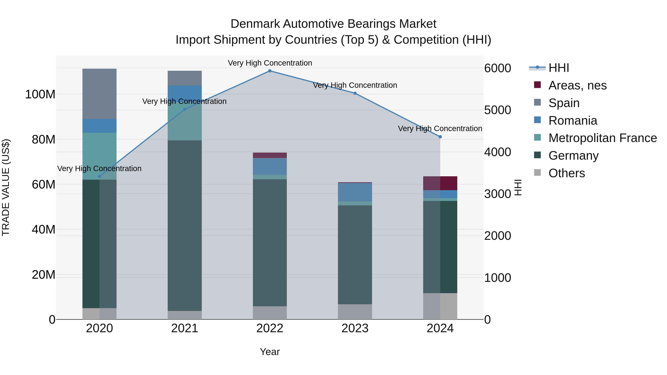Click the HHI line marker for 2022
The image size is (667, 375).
point(270,71)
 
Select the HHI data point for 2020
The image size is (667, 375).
point(99,176)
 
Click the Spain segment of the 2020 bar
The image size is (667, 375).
point(99,94)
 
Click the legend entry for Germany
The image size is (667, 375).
point(573,156)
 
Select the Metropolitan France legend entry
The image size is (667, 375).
point(602,138)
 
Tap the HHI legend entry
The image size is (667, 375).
point(558,68)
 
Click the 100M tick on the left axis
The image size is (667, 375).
point(40,94)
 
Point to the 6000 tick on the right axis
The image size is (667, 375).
point(497,68)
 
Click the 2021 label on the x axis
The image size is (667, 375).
point(185,328)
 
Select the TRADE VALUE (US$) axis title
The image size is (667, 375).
point(6,187)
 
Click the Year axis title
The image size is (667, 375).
point(270,352)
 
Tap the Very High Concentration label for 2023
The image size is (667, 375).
point(355,85)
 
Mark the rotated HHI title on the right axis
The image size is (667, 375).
point(518,187)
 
